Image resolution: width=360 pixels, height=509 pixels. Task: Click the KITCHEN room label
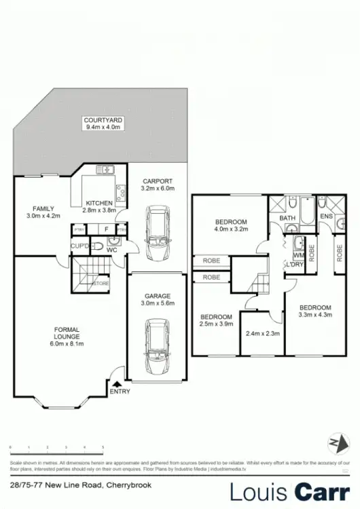point(100,203)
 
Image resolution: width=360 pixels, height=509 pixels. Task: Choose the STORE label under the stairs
point(101,283)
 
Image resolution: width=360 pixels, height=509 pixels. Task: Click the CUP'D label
point(81,245)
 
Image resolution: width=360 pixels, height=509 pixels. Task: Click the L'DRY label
point(295,264)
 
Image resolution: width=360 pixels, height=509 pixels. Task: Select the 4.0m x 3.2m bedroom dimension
point(232,229)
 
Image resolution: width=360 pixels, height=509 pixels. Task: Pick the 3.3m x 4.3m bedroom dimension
point(314,314)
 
